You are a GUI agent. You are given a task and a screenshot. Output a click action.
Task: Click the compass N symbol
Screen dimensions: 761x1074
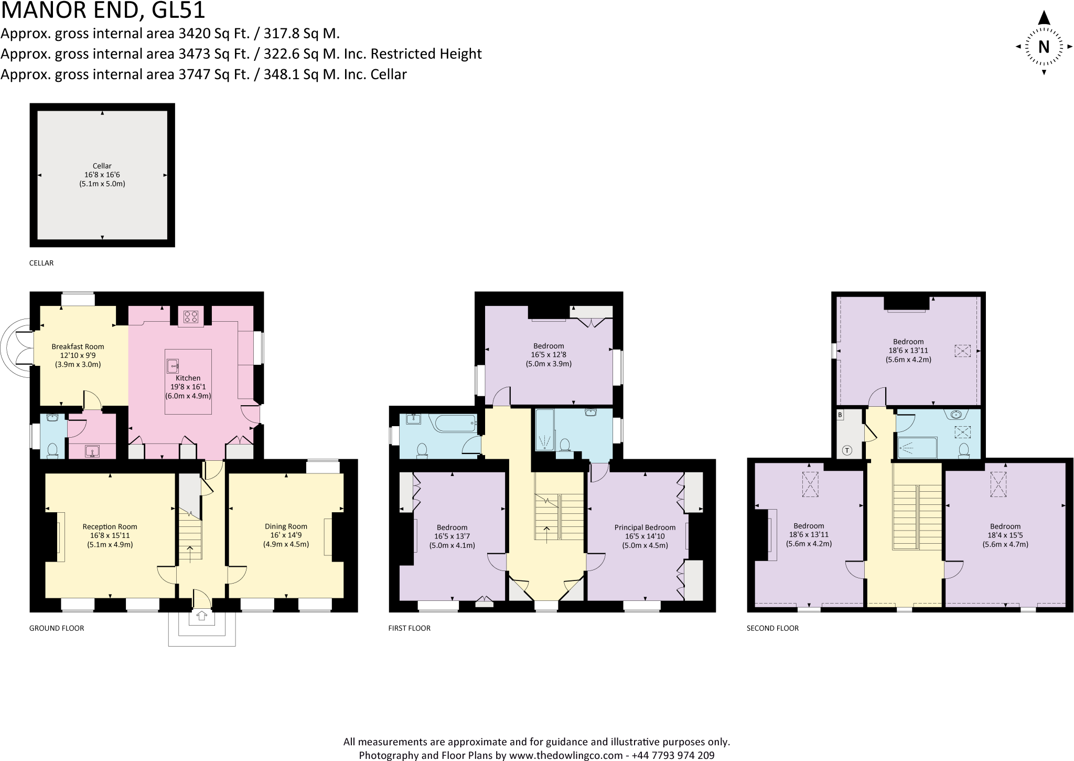click(x=1044, y=47)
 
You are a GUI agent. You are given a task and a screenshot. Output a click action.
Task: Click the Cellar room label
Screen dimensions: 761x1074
click(x=102, y=166)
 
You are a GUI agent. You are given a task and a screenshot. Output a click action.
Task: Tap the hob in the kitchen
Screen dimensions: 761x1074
click(x=191, y=316)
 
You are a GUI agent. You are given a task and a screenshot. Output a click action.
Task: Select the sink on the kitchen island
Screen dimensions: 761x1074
click(x=173, y=365)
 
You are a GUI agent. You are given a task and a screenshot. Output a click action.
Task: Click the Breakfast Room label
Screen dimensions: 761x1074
click(x=78, y=346)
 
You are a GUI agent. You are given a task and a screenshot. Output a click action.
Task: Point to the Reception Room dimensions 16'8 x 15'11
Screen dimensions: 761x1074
click(x=110, y=535)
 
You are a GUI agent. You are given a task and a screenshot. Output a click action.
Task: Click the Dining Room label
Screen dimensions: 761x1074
click(x=286, y=526)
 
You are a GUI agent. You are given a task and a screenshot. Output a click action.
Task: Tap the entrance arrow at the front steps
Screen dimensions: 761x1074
click(x=202, y=616)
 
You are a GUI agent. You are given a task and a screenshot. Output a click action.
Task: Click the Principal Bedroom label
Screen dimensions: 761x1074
click(x=645, y=527)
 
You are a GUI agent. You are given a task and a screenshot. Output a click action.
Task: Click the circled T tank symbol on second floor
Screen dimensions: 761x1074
click(x=847, y=450)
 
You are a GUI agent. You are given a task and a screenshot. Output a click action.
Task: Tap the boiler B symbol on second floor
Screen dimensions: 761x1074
click(x=840, y=415)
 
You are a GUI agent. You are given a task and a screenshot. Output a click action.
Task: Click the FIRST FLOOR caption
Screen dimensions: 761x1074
click(x=409, y=628)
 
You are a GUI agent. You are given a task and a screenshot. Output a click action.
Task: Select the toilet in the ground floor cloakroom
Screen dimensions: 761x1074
click(x=52, y=450)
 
